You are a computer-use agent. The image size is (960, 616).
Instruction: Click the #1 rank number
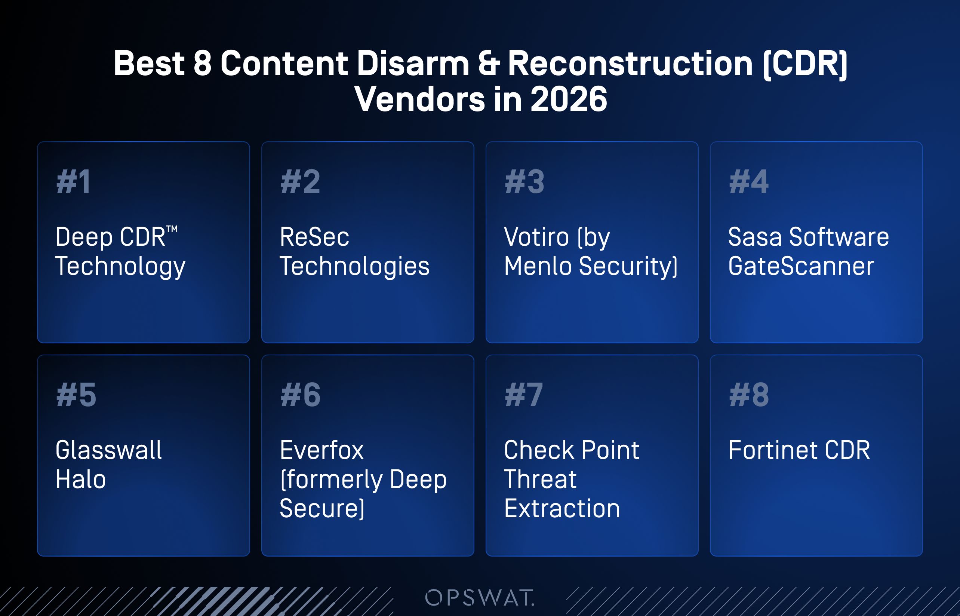(x=74, y=182)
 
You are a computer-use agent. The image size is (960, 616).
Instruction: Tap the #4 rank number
(x=748, y=182)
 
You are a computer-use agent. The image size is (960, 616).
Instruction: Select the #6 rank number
(x=300, y=395)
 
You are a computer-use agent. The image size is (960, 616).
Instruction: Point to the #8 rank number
(x=749, y=395)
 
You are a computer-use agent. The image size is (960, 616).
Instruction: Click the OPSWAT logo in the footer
(x=479, y=598)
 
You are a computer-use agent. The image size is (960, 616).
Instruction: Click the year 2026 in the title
(x=569, y=99)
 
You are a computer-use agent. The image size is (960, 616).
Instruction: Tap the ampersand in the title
(x=489, y=63)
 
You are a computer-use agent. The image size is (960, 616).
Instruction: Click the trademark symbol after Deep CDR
(x=172, y=229)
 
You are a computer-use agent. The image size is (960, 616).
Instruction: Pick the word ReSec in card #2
(x=314, y=237)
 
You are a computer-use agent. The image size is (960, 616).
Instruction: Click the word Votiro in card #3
(x=536, y=237)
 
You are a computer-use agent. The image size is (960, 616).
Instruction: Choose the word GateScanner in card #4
(x=801, y=266)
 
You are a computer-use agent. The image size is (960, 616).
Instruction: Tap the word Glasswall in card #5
(x=109, y=450)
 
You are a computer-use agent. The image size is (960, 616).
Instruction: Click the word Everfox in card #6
(x=322, y=450)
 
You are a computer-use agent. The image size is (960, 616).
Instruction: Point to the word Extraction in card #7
(x=562, y=508)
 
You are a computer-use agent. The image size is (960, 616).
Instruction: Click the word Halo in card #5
(x=81, y=479)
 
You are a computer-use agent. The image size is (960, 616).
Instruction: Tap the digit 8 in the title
(x=202, y=63)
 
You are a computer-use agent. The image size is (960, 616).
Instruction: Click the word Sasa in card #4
(x=755, y=237)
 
